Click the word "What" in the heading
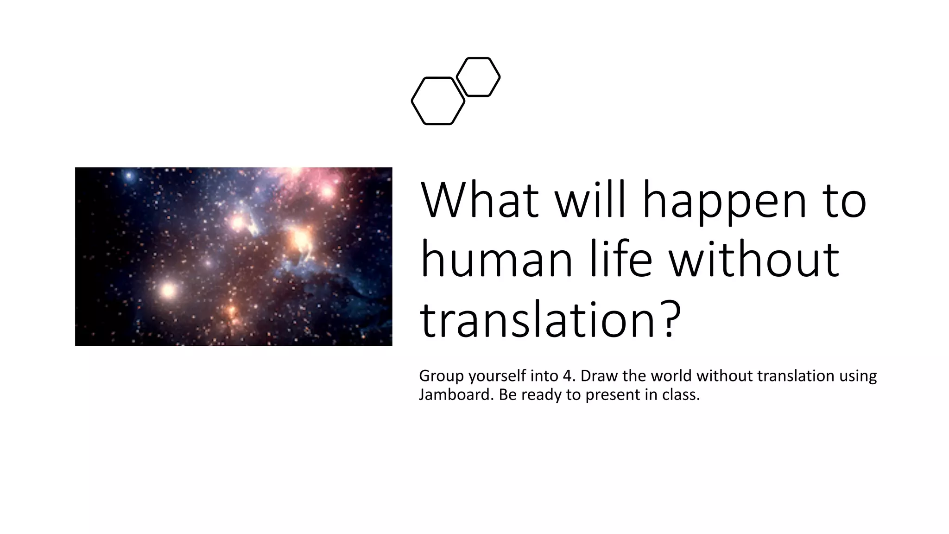pyautogui.click(x=480, y=200)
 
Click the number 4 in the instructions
pyautogui.click(x=568, y=375)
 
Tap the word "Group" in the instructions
pyautogui.click(x=442, y=376)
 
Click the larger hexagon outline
pyautogui.click(x=438, y=101)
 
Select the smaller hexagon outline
pyautogui.click(x=478, y=77)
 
